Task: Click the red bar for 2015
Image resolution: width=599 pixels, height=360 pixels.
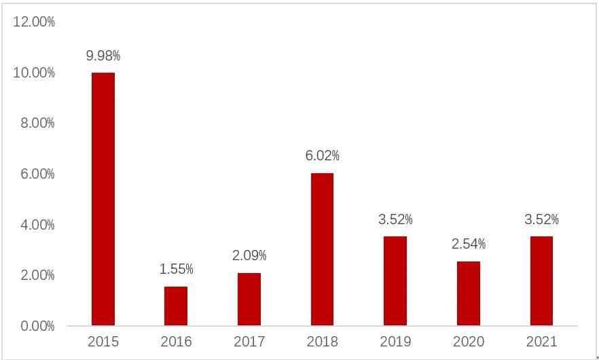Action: (x=103, y=198)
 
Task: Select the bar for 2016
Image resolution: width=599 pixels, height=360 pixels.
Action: (x=176, y=306)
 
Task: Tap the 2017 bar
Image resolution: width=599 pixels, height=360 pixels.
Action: (x=249, y=299)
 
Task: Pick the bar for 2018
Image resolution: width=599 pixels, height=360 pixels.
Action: (x=322, y=249)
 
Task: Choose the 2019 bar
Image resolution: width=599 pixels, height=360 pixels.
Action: (x=395, y=281)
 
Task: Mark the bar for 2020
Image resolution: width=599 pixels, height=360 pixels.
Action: (x=469, y=293)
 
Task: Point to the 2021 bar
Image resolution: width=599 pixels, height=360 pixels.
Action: (x=541, y=281)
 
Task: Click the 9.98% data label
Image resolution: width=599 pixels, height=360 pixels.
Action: (x=103, y=56)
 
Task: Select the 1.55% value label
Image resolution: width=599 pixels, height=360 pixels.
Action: (x=176, y=270)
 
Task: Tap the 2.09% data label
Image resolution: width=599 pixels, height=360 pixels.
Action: (x=249, y=256)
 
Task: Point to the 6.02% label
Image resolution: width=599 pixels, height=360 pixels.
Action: (x=322, y=156)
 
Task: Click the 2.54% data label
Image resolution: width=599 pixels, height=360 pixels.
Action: (x=469, y=244)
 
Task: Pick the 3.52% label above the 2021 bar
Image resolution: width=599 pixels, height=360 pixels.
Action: (x=541, y=219)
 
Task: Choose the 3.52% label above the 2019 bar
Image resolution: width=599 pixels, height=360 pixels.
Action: (x=395, y=219)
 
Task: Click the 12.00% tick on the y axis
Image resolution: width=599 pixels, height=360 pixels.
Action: (x=34, y=22)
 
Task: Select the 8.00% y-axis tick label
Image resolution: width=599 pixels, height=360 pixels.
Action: (x=34, y=123)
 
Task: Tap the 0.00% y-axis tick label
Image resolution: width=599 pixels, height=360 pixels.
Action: (x=34, y=326)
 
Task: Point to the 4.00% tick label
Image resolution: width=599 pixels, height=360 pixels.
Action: (x=34, y=225)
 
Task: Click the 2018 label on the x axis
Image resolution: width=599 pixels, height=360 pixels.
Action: (x=322, y=342)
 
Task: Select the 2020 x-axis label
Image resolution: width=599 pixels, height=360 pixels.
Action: (x=469, y=342)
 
